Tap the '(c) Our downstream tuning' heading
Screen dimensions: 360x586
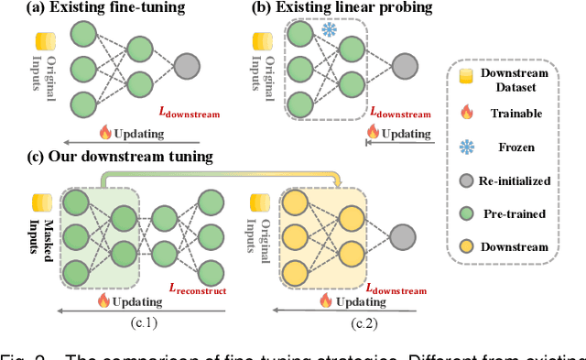tap(109, 157)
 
